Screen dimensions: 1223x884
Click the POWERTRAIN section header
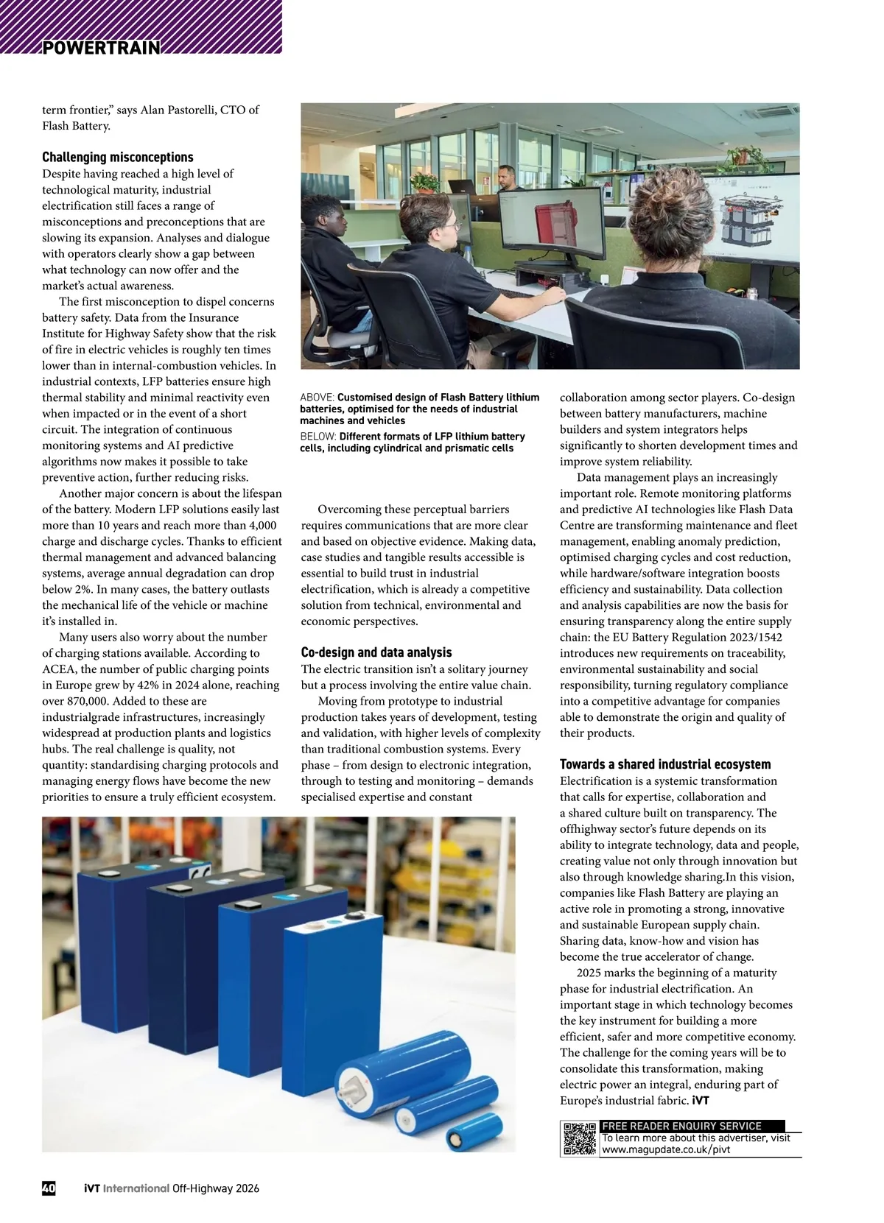point(101,48)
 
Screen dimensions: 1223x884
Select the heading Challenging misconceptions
point(118,157)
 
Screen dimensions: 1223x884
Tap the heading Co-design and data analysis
point(376,652)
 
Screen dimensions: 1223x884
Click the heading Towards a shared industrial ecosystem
point(665,764)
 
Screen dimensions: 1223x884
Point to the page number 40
point(49,1188)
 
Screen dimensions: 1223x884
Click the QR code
point(580,1138)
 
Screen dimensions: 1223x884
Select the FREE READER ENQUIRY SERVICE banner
point(681,1126)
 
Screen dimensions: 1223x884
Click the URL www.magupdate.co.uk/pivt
point(666,1149)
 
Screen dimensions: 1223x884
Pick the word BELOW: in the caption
point(318,437)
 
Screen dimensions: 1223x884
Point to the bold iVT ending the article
point(701,1101)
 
